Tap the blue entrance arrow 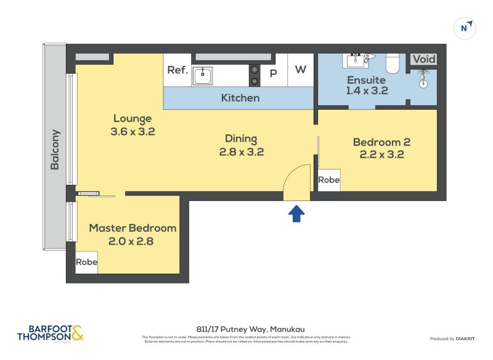[x=297, y=213]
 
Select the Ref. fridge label [x=177, y=70]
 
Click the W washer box [x=300, y=70]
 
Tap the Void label [x=423, y=59]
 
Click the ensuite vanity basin [x=356, y=60]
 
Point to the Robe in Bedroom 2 [x=328, y=180]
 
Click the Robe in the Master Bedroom [x=86, y=262]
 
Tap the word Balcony [x=55, y=149]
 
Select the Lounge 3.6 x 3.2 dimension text [x=132, y=131]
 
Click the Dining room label [x=241, y=139]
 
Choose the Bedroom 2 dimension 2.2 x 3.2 [x=381, y=155]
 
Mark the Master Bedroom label [x=132, y=228]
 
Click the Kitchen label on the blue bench [x=240, y=98]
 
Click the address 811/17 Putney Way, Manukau [x=246, y=329]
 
